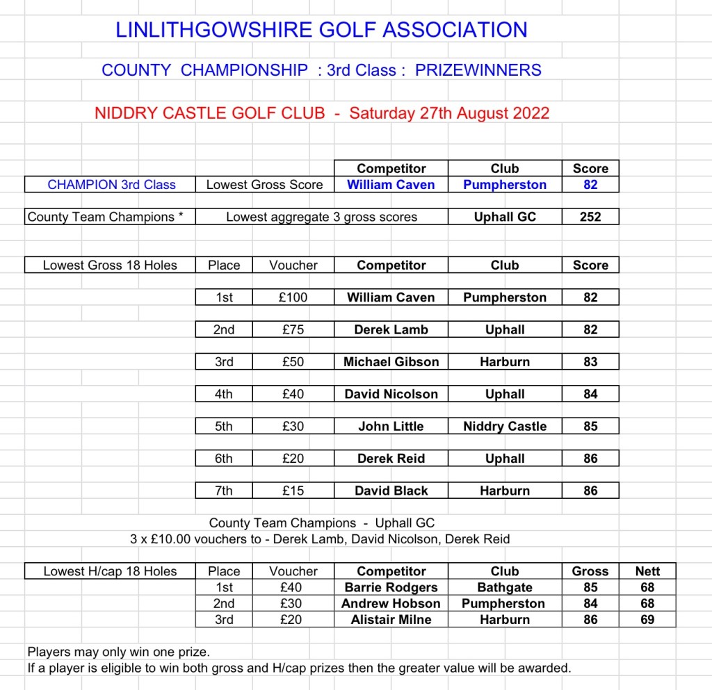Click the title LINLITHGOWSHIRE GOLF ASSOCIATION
coord(321,30)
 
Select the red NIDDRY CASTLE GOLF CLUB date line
coord(322,113)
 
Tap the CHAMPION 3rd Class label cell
coord(111,185)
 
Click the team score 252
coord(590,217)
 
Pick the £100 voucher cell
coord(293,297)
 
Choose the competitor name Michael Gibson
coord(391,362)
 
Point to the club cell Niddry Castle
coord(505,427)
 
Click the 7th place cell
coord(224,491)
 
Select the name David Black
coord(391,491)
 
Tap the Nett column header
coord(647,571)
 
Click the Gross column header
coord(590,571)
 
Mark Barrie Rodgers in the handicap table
coord(391,587)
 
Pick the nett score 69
coord(647,619)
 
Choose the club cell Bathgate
coord(505,587)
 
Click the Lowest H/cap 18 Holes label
coord(110,571)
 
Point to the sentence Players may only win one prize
coord(119,652)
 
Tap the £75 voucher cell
coord(293,330)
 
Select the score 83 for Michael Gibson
coord(590,362)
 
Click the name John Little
coord(391,427)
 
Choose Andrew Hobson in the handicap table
coord(391,603)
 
